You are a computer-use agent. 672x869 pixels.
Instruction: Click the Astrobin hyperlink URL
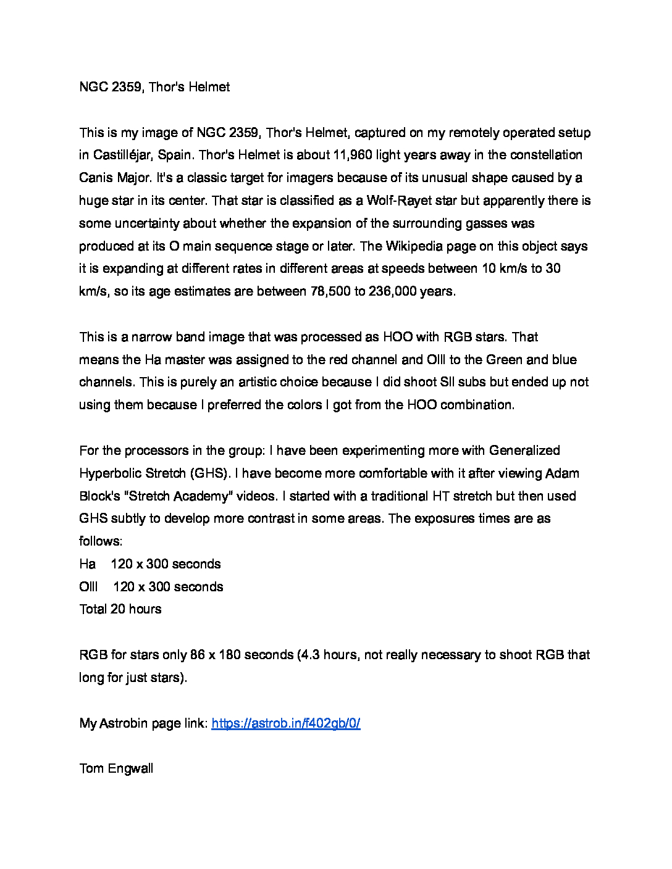coord(285,723)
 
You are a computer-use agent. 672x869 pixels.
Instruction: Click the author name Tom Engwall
coord(116,768)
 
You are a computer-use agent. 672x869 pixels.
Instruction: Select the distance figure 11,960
coord(353,155)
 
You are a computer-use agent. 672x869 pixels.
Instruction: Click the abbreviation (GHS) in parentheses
coord(209,473)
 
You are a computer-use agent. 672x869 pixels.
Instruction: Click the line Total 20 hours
coord(120,609)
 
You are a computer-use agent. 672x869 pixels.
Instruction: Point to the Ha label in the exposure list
coord(87,564)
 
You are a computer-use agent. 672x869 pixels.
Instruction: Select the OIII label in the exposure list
coord(88,587)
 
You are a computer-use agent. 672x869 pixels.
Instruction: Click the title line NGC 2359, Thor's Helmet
coord(154,87)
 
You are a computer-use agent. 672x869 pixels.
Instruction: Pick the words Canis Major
coord(115,178)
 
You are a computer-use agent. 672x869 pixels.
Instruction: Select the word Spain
coord(175,155)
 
